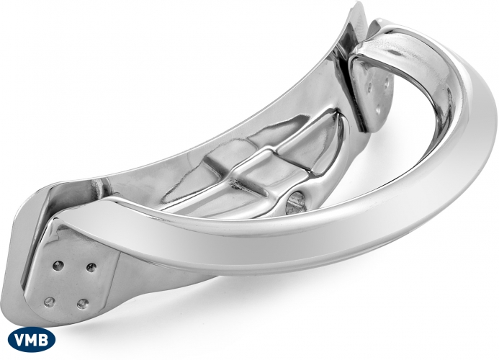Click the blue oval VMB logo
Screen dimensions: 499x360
[x=31, y=339]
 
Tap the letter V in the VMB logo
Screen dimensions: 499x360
[x=21, y=340]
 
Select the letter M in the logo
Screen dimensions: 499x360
[x=32, y=340]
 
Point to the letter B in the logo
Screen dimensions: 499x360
[x=44, y=340]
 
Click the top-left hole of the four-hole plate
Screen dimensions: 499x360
[x=58, y=265]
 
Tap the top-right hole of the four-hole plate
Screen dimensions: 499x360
[x=91, y=267]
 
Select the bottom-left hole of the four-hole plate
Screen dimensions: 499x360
[x=49, y=302]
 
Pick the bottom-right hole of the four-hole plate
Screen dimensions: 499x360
[x=82, y=304]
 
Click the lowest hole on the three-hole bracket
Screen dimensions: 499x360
[x=378, y=110]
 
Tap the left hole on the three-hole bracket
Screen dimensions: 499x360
[x=370, y=86]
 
